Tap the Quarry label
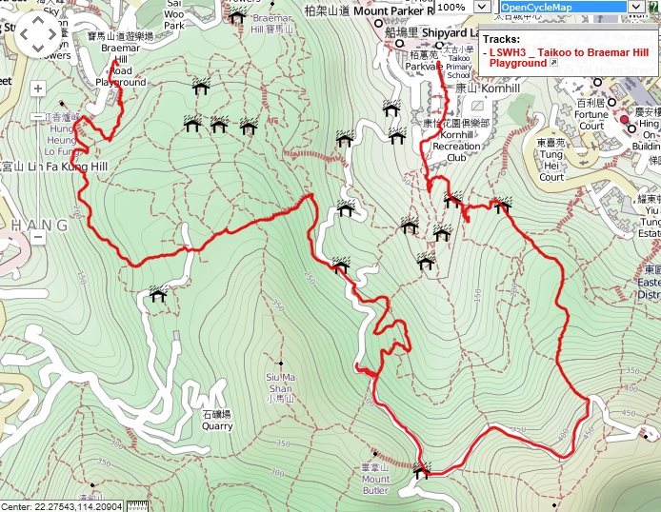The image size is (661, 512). pos(217,421)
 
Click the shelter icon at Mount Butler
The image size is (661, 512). pos(422,470)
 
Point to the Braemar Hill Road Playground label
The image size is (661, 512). pos(120,65)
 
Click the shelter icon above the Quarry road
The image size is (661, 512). pos(157,295)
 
